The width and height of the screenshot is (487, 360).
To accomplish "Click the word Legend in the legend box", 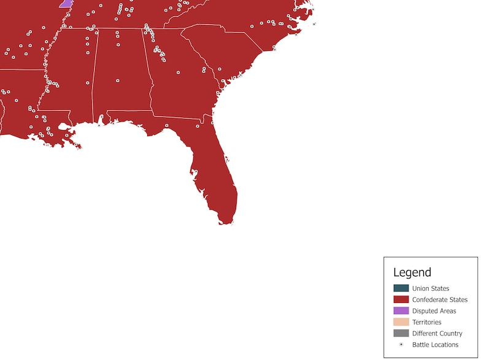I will coord(412,272).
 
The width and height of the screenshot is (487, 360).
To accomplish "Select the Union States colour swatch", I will coord(401,288).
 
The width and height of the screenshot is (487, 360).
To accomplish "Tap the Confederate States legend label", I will coord(440,300).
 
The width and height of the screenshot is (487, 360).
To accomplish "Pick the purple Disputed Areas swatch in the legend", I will coord(401,311).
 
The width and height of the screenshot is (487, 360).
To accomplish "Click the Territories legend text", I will coord(426,322).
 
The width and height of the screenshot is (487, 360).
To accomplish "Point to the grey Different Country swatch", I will coord(401,333).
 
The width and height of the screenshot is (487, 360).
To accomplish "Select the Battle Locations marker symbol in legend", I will coord(401,345).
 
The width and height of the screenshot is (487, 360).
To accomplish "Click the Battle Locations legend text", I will coord(435,345).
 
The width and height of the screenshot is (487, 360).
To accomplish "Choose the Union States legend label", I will coord(431,288).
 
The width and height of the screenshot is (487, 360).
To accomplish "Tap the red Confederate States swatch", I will coord(401,300).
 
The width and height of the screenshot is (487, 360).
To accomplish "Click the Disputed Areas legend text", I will coord(434,311).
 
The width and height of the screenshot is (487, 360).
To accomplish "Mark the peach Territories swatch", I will coord(401,322).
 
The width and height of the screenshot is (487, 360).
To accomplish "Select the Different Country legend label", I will coord(437,333).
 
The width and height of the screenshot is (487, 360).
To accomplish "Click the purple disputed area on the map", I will coord(66,3).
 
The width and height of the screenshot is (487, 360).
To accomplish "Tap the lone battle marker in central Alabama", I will coord(117,80).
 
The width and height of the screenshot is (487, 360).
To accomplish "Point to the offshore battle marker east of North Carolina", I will coord(314,24).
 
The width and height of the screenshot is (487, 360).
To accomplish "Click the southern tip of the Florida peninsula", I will coord(226,221).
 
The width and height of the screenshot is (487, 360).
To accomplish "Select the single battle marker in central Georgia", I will coord(178,72).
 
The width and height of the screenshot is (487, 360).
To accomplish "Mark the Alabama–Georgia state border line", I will coord(148,67).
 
